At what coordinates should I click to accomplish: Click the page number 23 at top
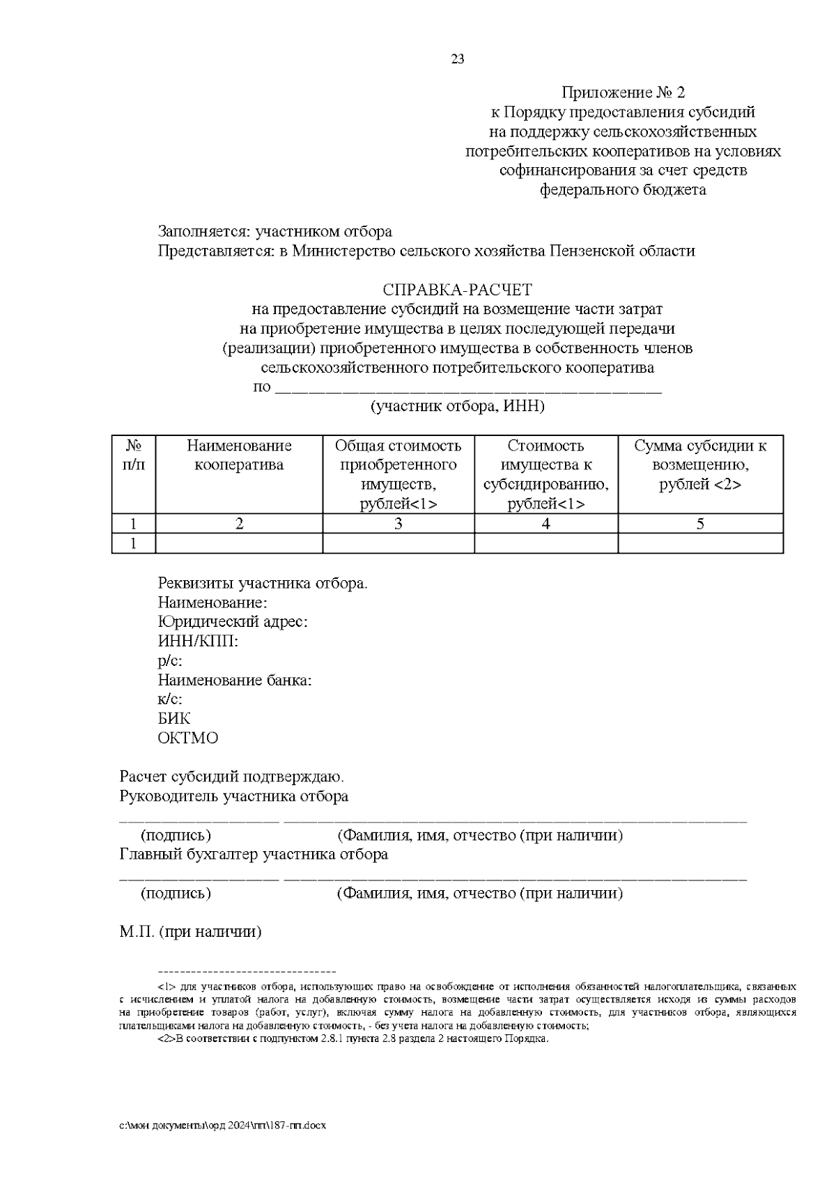pyautogui.click(x=458, y=59)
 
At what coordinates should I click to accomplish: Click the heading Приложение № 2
pyautogui.click(x=623, y=93)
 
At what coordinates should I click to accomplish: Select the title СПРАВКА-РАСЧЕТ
pyautogui.click(x=457, y=289)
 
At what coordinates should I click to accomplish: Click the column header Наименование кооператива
pyautogui.click(x=239, y=456)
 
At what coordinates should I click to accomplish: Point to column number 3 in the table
pyautogui.click(x=398, y=524)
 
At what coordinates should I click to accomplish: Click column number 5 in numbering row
pyautogui.click(x=700, y=524)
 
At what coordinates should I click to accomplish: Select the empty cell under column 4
pyautogui.click(x=545, y=543)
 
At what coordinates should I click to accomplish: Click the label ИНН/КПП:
pyautogui.click(x=198, y=641)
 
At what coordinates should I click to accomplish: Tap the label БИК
pyautogui.click(x=173, y=718)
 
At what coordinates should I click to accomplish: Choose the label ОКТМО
pyautogui.click(x=187, y=738)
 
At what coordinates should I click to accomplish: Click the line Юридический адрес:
pyautogui.click(x=233, y=621)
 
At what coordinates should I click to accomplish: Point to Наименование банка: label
pyautogui.click(x=234, y=680)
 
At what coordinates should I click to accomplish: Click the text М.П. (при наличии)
pyautogui.click(x=190, y=931)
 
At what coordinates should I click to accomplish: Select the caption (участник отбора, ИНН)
pyautogui.click(x=457, y=406)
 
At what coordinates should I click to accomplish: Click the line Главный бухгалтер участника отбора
pyautogui.click(x=254, y=854)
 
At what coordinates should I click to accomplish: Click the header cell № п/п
pyautogui.click(x=133, y=456)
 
